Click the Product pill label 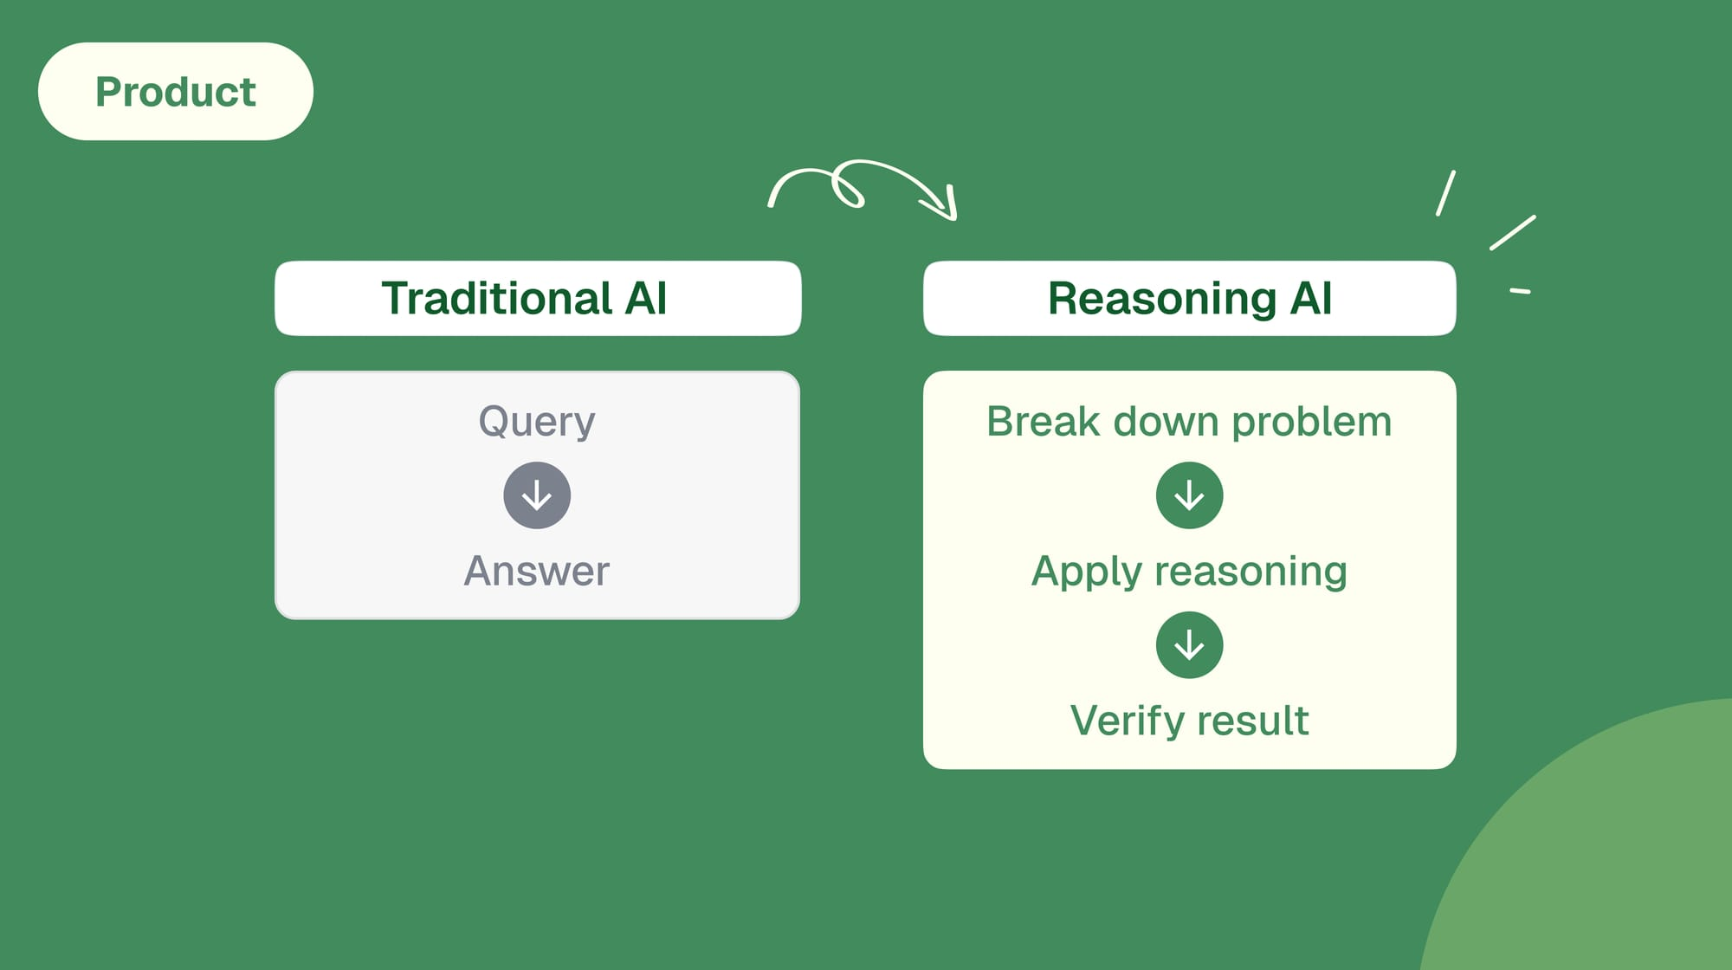pos(176,92)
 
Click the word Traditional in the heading pos(497,299)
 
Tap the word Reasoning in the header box pos(1161,299)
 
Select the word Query pos(537,422)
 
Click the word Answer pos(537,572)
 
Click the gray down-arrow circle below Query pos(537,495)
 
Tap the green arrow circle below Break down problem pos(1189,495)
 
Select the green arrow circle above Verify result pos(1189,645)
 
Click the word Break pos(1043,422)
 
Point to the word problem pos(1311,422)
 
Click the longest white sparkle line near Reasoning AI pos(1512,233)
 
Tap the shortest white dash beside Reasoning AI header pos(1520,291)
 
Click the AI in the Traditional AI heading pos(646,299)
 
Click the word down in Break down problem pos(1166,422)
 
